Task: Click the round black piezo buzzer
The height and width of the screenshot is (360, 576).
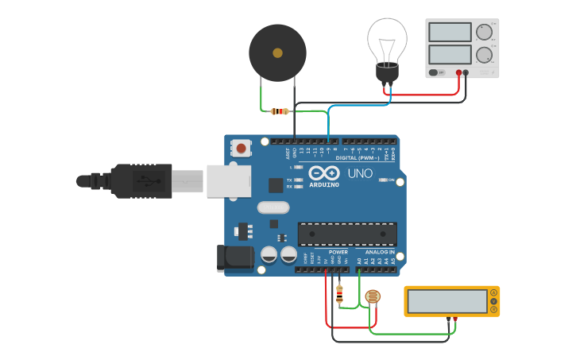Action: tap(277, 52)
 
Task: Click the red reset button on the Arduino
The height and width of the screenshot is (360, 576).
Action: tap(242, 147)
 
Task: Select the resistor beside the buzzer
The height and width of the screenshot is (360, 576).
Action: tap(279, 111)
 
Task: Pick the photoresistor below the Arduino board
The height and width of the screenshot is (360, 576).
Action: tap(371, 298)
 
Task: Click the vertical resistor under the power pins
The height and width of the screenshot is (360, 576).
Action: tap(340, 296)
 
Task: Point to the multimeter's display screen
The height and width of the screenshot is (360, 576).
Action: tap(446, 301)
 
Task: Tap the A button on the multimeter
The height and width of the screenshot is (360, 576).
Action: tap(493, 293)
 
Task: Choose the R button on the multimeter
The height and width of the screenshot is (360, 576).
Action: tap(493, 309)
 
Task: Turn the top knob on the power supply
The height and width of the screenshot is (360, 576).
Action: tap(483, 32)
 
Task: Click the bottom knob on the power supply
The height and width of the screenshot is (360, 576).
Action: tap(483, 55)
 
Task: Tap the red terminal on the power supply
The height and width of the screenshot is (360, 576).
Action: tap(459, 73)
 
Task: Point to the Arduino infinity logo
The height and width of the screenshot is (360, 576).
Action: tap(323, 173)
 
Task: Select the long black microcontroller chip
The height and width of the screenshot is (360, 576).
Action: tap(347, 234)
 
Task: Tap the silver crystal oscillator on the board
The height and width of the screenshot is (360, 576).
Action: tap(272, 207)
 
